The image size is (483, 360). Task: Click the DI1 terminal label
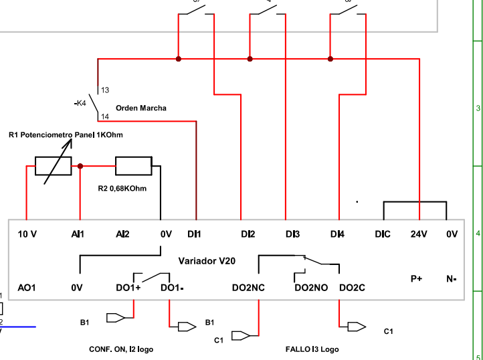[x=194, y=234]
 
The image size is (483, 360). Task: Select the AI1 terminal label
[x=78, y=234]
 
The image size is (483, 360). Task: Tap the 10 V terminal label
[x=27, y=234]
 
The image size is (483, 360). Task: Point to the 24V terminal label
[x=419, y=234]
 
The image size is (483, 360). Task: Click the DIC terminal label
[x=383, y=234]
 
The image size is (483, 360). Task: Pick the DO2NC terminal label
[x=248, y=288]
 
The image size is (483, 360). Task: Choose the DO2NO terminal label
[x=311, y=288]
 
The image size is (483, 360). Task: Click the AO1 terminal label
[x=27, y=288]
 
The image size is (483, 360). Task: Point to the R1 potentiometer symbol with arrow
[x=53, y=165]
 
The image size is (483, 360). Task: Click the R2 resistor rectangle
[x=134, y=165]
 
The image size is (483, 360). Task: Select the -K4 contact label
[x=80, y=103]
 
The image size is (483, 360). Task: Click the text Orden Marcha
[x=141, y=108]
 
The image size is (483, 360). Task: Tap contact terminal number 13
[x=105, y=90]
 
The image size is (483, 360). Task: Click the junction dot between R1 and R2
[x=80, y=165]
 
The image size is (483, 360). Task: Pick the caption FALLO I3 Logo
[x=312, y=349]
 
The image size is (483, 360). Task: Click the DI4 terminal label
[x=338, y=234]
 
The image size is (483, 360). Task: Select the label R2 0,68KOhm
[x=122, y=188]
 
